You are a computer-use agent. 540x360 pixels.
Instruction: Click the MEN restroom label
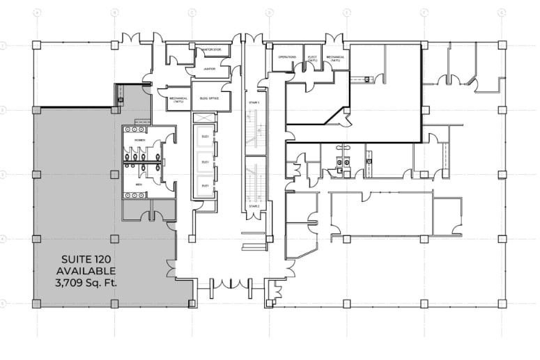coord(138,185)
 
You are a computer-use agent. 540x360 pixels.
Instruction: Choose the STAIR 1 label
coord(254,103)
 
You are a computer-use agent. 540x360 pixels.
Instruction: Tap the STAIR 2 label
coord(254,207)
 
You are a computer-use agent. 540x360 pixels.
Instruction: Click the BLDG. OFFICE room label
coord(210,98)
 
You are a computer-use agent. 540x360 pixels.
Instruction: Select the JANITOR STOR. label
coord(210,50)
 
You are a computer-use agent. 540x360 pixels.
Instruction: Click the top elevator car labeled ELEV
coord(206,136)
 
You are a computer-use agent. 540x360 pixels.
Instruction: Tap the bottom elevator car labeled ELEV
coord(206,186)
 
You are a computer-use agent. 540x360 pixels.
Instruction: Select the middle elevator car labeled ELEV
coord(206,162)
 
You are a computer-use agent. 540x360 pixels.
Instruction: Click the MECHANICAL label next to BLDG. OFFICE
coord(178,99)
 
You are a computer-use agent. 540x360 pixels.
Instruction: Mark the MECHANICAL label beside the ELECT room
coord(336,58)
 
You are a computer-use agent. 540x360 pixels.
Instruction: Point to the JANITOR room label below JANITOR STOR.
coord(209,69)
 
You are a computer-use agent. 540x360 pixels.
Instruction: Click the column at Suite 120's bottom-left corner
coord(37,303)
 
